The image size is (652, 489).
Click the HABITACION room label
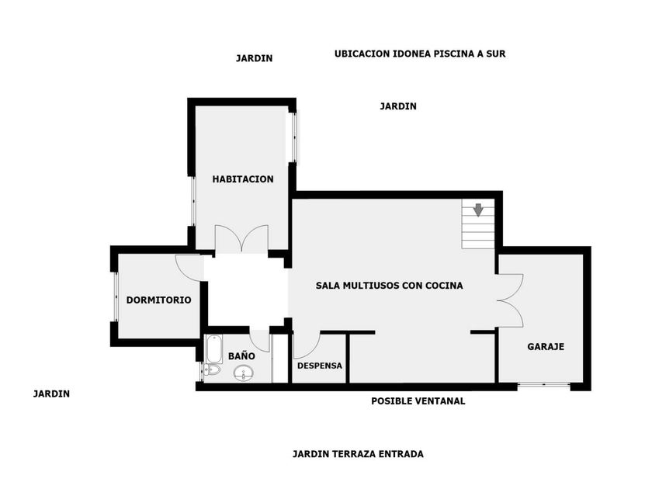[243, 179]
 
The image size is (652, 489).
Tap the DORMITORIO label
[158, 300]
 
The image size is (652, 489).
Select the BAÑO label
[241, 356]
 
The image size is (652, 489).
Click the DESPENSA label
[320, 366]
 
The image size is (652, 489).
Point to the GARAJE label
[545, 347]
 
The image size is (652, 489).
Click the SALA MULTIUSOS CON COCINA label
[389, 286]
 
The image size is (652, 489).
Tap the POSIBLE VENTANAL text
[418, 401]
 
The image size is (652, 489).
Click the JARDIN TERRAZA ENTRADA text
[358, 454]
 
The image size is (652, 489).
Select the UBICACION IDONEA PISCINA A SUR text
[420, 54]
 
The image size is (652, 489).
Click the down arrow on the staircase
[478, 210]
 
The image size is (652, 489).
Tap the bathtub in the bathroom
[213, 349]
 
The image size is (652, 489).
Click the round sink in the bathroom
[245, 374]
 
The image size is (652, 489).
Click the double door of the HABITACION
[241, 238]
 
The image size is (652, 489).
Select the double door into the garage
[510, 300]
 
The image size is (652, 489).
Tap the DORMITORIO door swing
[189, 267]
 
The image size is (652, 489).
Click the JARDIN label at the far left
[51, 394]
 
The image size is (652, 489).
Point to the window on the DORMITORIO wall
[115, 296]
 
